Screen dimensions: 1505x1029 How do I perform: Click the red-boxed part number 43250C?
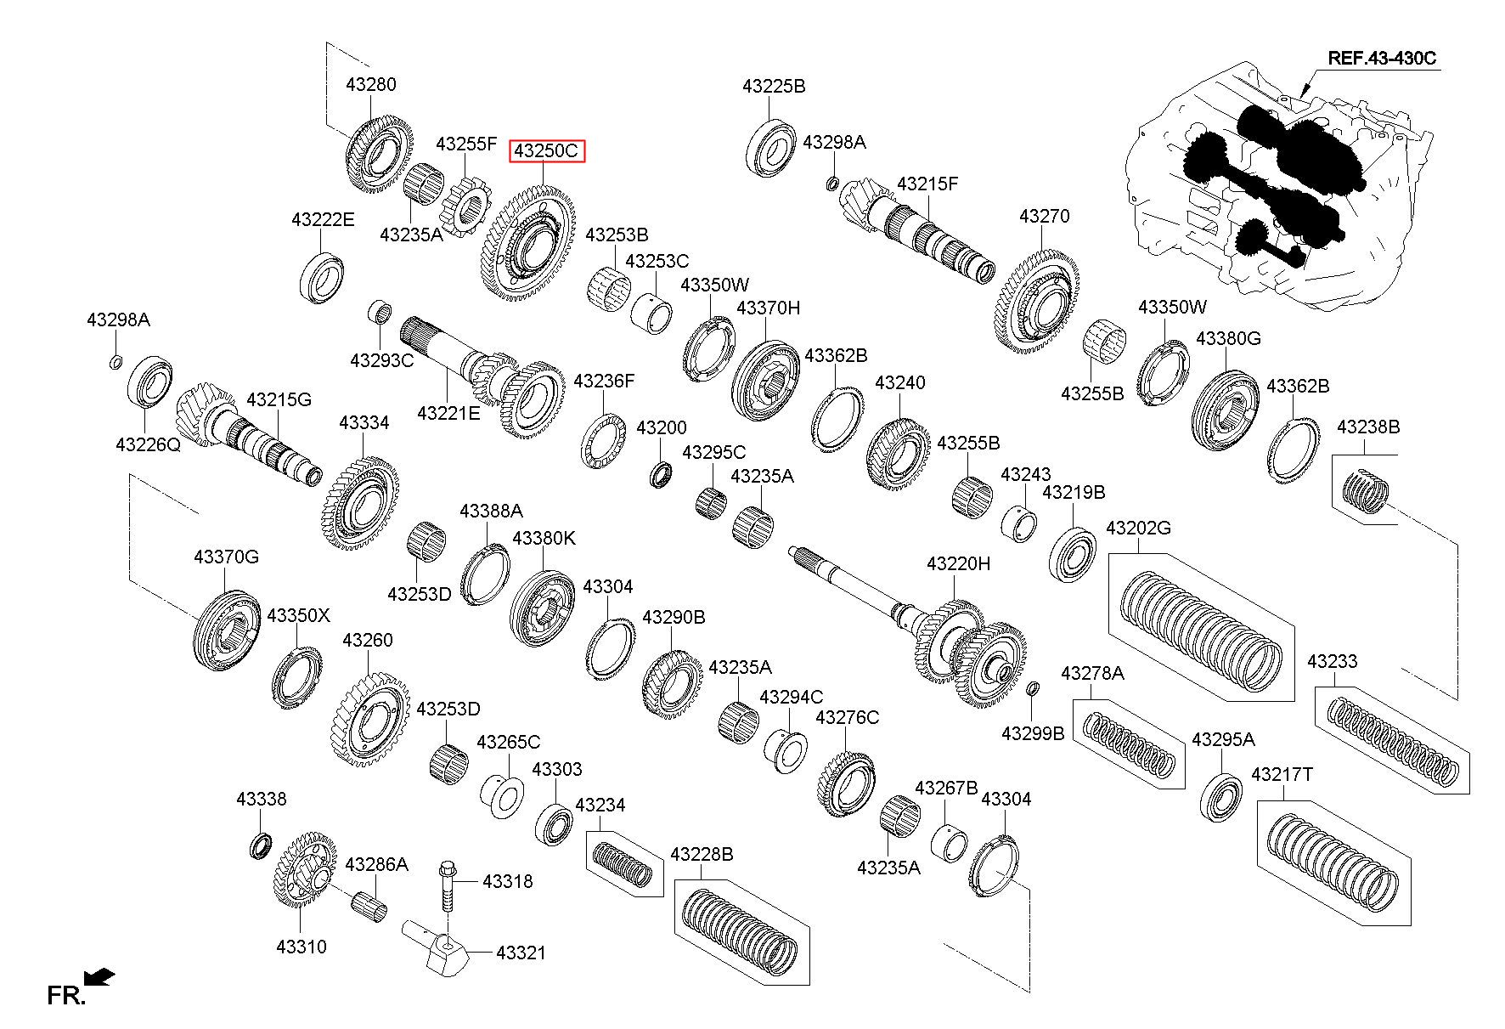tap(548, 152)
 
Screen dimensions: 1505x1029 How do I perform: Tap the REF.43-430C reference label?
tap(1382, 58)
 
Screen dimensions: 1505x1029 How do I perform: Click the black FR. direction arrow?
tap(101, 978)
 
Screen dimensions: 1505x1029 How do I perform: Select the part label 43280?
tap(371, 84)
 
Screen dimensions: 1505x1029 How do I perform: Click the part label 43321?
tap(521, 953)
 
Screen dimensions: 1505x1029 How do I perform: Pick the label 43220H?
tap(958, 564)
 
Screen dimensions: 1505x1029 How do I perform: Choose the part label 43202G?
tap(1138, 529)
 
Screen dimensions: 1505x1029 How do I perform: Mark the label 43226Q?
tap(148, 444)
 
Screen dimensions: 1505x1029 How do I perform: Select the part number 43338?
tap(262, 800)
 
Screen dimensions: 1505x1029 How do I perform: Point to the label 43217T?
tap(1282, 775)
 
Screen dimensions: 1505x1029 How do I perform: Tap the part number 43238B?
tap(1368, 427)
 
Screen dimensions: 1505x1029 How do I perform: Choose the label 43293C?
tap(382, 360)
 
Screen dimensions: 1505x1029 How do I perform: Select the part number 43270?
tap(1045, 217)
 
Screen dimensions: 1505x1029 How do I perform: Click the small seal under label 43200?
tap(661, 475)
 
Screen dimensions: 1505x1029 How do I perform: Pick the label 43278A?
tap(1092, 674)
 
